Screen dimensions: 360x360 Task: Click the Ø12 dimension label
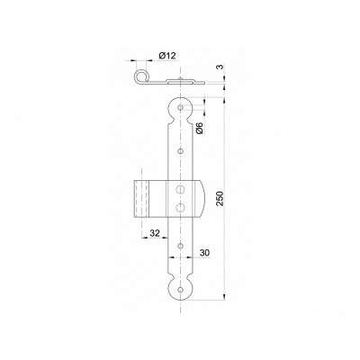167,56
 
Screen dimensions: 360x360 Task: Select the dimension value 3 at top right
220,67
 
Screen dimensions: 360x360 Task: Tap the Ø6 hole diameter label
200,128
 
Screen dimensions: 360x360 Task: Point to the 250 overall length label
220,198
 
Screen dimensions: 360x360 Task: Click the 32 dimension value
155,233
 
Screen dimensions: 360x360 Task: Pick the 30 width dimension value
204,253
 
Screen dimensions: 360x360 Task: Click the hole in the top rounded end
180,107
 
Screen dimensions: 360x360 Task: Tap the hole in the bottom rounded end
180,290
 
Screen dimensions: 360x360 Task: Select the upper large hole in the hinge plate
180,189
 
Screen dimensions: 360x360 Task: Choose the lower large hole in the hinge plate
180,207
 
